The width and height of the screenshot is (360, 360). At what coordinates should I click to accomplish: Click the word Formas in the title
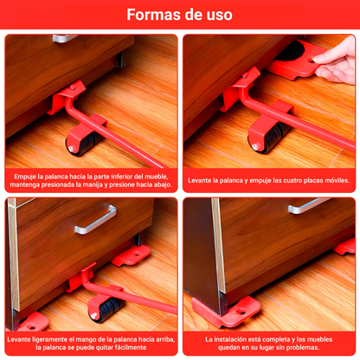[x=153, y=15]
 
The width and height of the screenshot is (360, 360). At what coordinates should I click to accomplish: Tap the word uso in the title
[x=219, y=15]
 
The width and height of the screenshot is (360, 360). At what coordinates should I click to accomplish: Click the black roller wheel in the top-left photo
[x=83, y=143]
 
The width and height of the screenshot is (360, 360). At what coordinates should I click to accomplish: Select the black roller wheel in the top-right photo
[x=269, y=138]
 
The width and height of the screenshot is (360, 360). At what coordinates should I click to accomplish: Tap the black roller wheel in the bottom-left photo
[x=106, y=309]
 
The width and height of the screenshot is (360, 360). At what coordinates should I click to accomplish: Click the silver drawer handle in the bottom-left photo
[x=95, y=218]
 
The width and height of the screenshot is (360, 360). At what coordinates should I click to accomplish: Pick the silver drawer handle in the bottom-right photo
[x=308, y=205]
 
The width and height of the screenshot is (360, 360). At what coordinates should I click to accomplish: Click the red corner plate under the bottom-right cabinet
[x=228, y=312]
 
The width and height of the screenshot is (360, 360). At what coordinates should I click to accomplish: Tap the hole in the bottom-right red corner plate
[x=241, y=312]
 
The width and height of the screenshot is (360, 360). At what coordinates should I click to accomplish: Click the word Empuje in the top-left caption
[x=25, y=177]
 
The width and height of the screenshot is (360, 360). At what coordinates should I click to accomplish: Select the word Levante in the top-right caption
[x=199, y=181]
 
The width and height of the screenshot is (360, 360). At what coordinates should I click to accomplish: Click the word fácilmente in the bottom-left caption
[x=131, y=347]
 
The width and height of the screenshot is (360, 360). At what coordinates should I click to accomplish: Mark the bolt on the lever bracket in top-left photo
[x=73, y=87]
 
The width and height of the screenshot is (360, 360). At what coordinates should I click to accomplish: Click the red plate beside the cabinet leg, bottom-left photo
[x=132, y=255]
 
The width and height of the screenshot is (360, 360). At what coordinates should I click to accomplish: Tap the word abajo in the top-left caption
[x=163, y=185]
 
